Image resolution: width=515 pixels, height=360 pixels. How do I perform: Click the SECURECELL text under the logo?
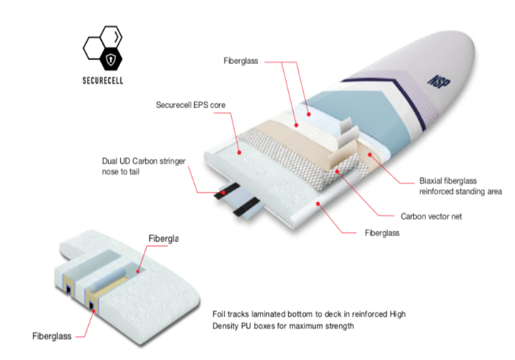[x=103, y=81]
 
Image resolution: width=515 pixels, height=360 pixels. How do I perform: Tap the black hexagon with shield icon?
[x=111, y=59]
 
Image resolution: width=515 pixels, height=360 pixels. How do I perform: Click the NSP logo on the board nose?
[x=439, y=81]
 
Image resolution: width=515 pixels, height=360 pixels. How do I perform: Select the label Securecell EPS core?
[x=190, y=105]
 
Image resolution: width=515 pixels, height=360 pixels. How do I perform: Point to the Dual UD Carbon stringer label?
[x=144, y=166]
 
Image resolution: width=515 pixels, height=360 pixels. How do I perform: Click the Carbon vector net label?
[x=431, y=216]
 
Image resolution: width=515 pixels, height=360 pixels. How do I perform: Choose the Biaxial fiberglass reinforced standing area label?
[x=460, y=186]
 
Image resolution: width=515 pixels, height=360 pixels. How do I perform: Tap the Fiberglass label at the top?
[x=240, y=61]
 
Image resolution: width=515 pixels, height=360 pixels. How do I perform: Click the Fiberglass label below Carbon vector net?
[x=382, y=233]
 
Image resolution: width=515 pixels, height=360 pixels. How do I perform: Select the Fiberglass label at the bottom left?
[x=52, y=336]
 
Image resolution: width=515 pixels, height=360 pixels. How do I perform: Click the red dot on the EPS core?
[x=240, y=153]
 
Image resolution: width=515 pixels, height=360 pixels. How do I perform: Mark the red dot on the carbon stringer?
[x=224, y=193]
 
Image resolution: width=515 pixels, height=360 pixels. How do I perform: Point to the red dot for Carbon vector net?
[x=337, y=171]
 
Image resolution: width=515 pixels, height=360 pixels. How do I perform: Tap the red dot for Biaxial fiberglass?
[x=370, y=155]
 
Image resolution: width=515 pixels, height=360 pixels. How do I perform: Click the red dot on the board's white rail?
[x=318, y=204]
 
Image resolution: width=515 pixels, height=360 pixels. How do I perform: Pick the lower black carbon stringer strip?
[x=246, y=207]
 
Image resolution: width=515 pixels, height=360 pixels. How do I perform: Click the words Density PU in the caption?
[x=229, y=327]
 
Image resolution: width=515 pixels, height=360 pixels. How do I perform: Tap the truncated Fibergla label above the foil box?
[x=164, y=239]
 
